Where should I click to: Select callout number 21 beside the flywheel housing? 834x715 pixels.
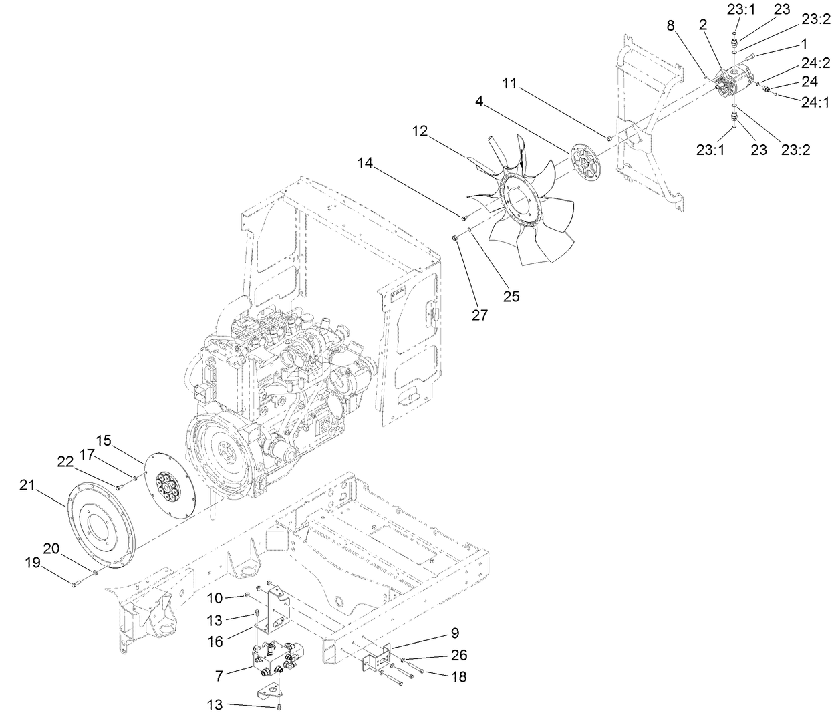pos(26,486)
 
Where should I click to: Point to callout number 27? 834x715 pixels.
pos(480,315)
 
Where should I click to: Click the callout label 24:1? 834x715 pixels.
pos(815,102)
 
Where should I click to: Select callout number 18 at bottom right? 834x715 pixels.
pos(458,677)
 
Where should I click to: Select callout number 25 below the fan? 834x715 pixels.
pos(511,295)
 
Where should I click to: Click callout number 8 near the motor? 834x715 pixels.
pos(671,26)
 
